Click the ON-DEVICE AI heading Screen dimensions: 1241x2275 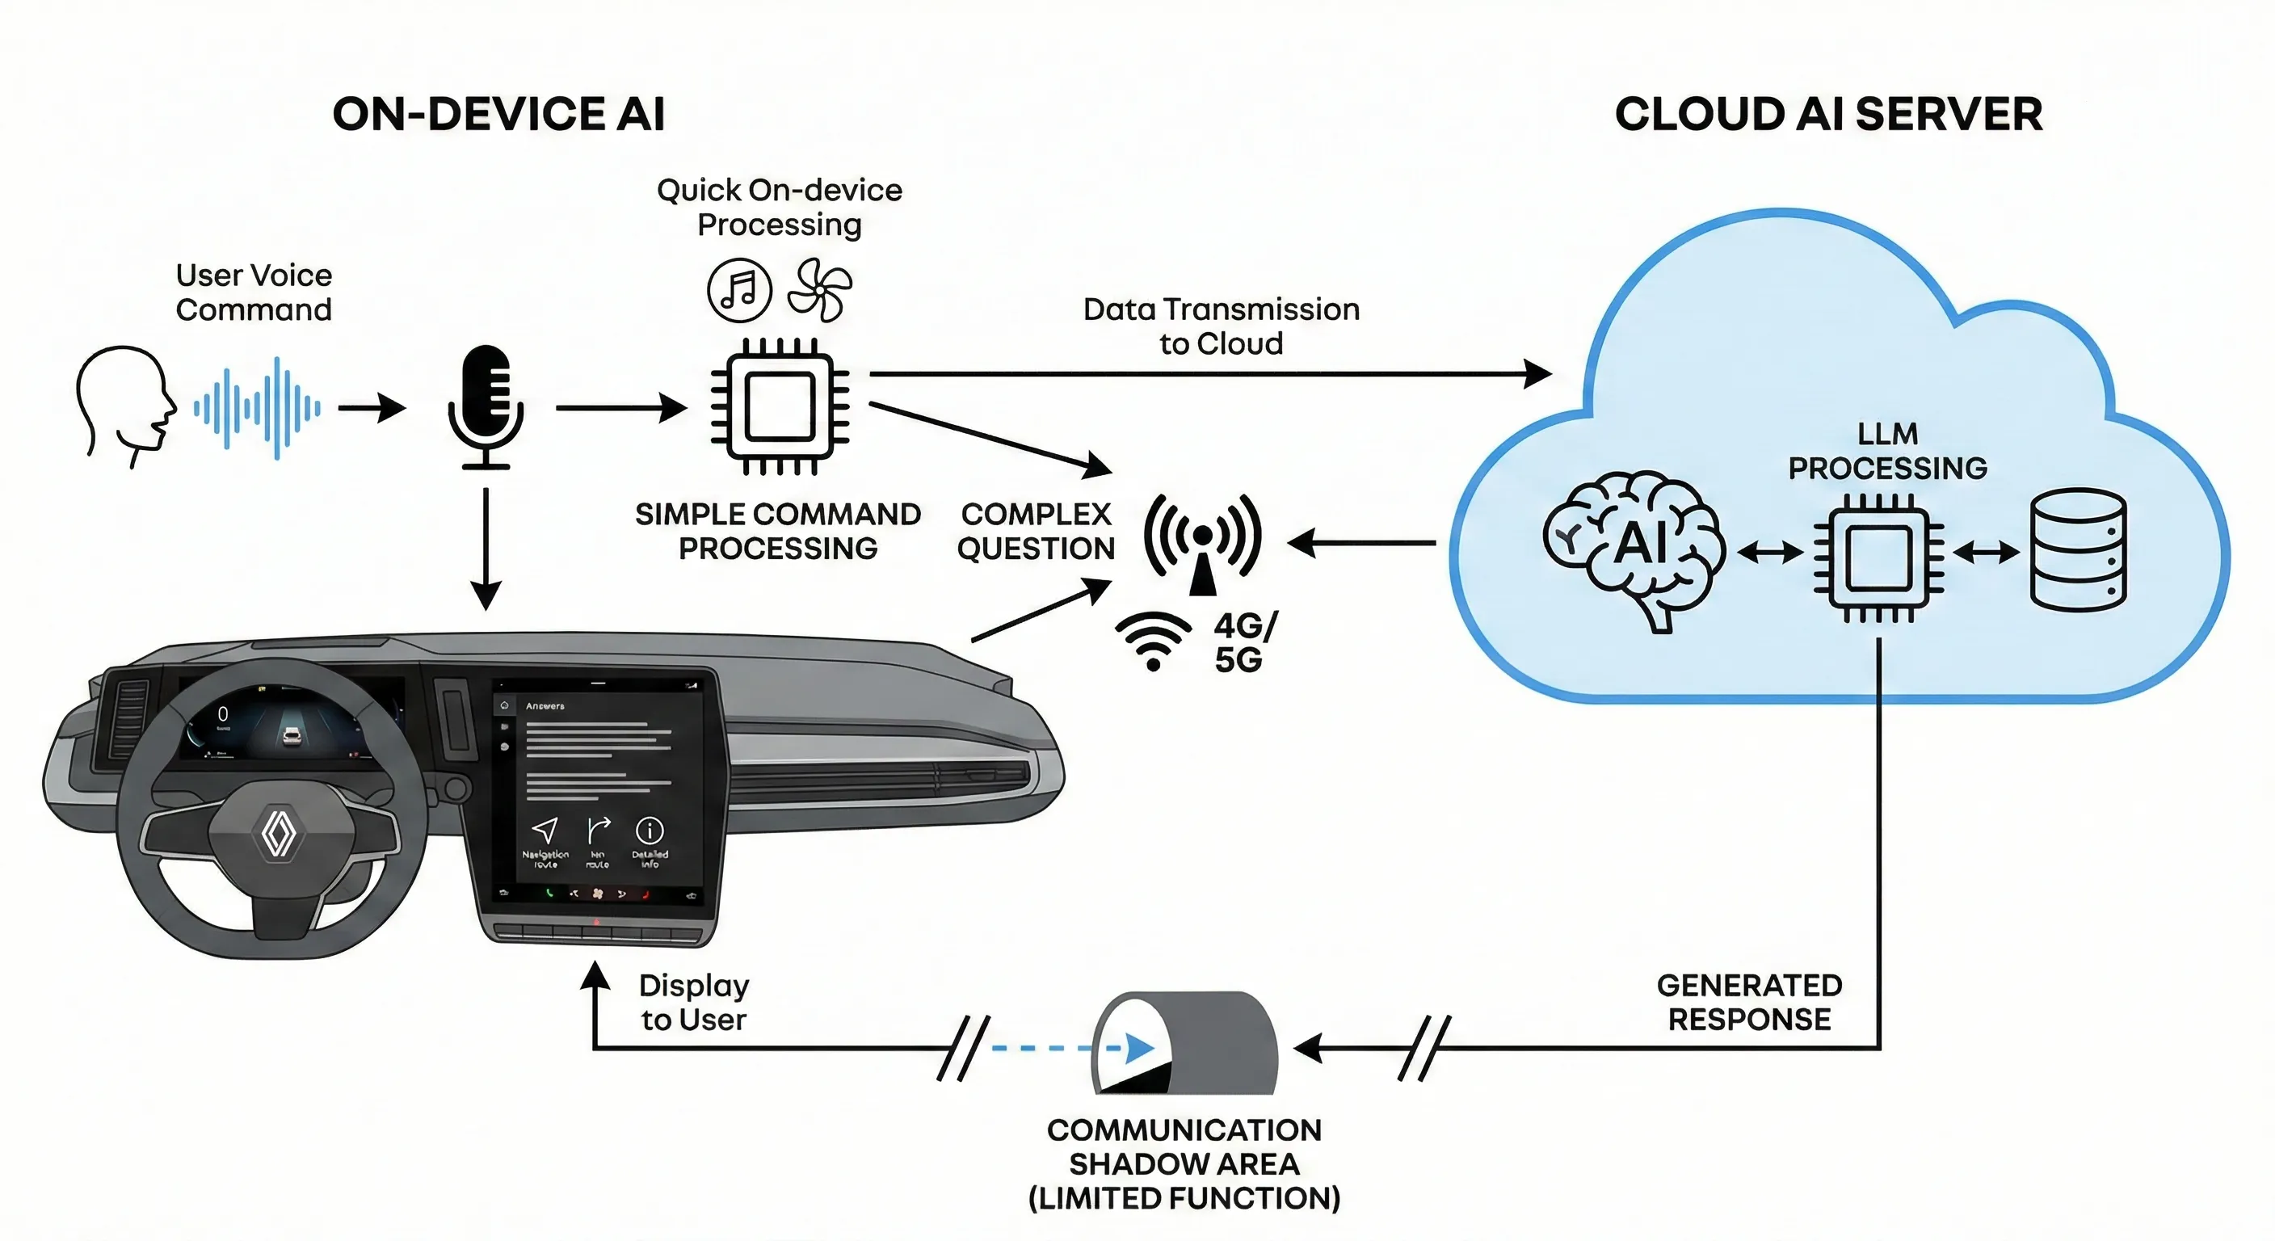[498, 115]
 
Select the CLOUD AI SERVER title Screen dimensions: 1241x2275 [1828, 115]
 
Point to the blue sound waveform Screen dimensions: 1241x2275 [257, 408]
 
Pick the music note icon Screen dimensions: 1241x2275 [739, 290]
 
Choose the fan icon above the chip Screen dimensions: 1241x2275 [819, 290]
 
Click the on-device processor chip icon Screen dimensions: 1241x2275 [779, 406]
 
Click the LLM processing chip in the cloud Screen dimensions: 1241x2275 [1878, 557]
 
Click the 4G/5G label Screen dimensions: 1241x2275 [1243, 642]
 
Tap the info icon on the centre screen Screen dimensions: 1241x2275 [650, 831]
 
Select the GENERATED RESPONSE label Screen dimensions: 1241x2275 [1748, 1002]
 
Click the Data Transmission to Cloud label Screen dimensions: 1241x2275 [1222, 326]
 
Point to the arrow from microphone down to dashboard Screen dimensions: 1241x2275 [486, 548]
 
